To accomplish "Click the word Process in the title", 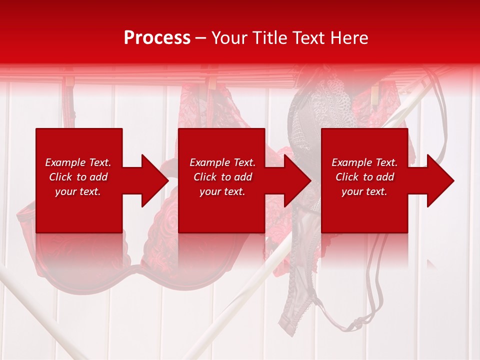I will pos(157,38).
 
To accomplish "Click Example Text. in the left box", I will pos(78,162).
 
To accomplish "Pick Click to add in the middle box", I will pos(222,177).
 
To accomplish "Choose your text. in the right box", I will pos(364,191).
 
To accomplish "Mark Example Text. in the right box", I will pos(364,162).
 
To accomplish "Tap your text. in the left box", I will pos(78,191).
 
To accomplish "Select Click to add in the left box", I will pos(78,177).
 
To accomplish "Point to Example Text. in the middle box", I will pos(222,162).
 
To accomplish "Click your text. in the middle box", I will pos(222,191).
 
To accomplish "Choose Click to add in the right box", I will pos(364,177).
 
